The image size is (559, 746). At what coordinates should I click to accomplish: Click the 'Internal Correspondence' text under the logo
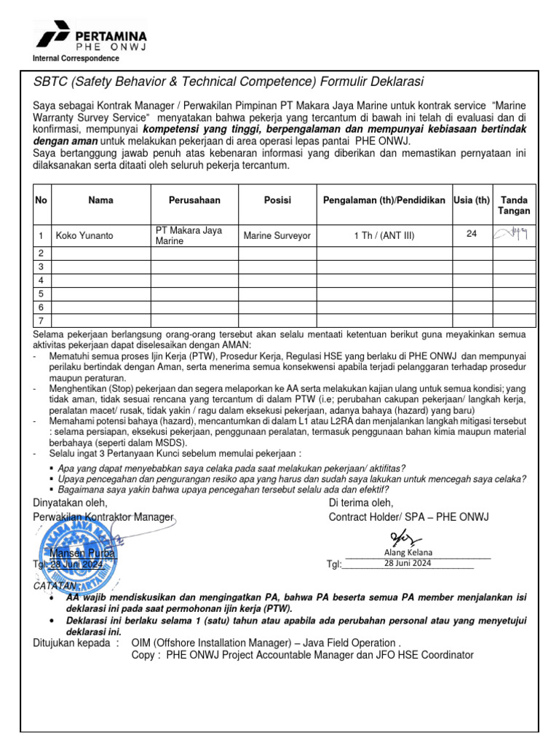click(x=76, y=58)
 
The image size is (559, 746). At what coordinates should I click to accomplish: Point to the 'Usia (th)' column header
click(x=472, y=200)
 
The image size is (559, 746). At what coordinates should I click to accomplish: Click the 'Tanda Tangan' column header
click(x=515, y=205)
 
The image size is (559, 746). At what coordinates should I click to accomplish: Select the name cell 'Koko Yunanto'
click(x=85, y=235)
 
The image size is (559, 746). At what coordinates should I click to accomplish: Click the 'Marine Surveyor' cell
click(x=277, y=235)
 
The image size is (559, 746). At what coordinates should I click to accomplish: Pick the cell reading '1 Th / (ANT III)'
click(x=384, y=235)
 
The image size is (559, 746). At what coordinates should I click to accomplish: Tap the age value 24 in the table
click(x=472, y=233)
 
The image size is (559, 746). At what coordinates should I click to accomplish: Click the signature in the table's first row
click(x=514, y=234)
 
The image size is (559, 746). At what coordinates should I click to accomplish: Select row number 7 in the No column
click(x=41, y=321)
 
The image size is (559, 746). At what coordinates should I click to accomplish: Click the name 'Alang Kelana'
click(x=408, y=552)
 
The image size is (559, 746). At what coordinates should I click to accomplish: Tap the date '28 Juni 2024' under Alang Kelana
click(x=408, y=564)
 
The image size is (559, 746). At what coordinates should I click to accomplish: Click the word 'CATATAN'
click(x=55, y=586)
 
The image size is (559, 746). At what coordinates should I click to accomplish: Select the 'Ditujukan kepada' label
click(x=76, y=643)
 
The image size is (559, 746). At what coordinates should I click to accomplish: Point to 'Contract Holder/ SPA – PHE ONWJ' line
click(x=409, y=517)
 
